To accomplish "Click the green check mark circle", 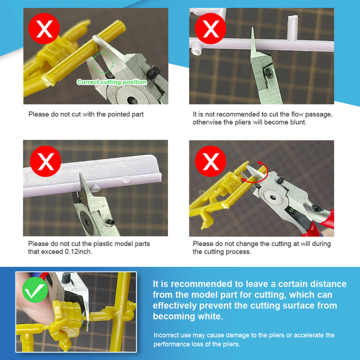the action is pyautogui.click(x=35, y=289).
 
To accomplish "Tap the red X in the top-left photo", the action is pyautogui.click(x=44, y=28).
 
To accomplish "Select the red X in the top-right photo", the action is pyautogui.click(x=210, y=28).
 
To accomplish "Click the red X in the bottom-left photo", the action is pyautogui.click(x=45, y=161).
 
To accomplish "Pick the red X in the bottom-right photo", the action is pyautogui.click(x=210, y=161).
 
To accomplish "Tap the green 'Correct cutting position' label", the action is pyautogui.click(x=112, y=82).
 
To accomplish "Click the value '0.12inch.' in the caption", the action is pyautogui.click(x=78, y=251).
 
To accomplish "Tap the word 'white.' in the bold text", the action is pyautogui.click(x=210, y=316).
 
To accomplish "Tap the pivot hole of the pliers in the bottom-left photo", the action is pyautogui.click(x=87, y=222).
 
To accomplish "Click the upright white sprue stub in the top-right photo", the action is pyautogui.click(x=292, y=27).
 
